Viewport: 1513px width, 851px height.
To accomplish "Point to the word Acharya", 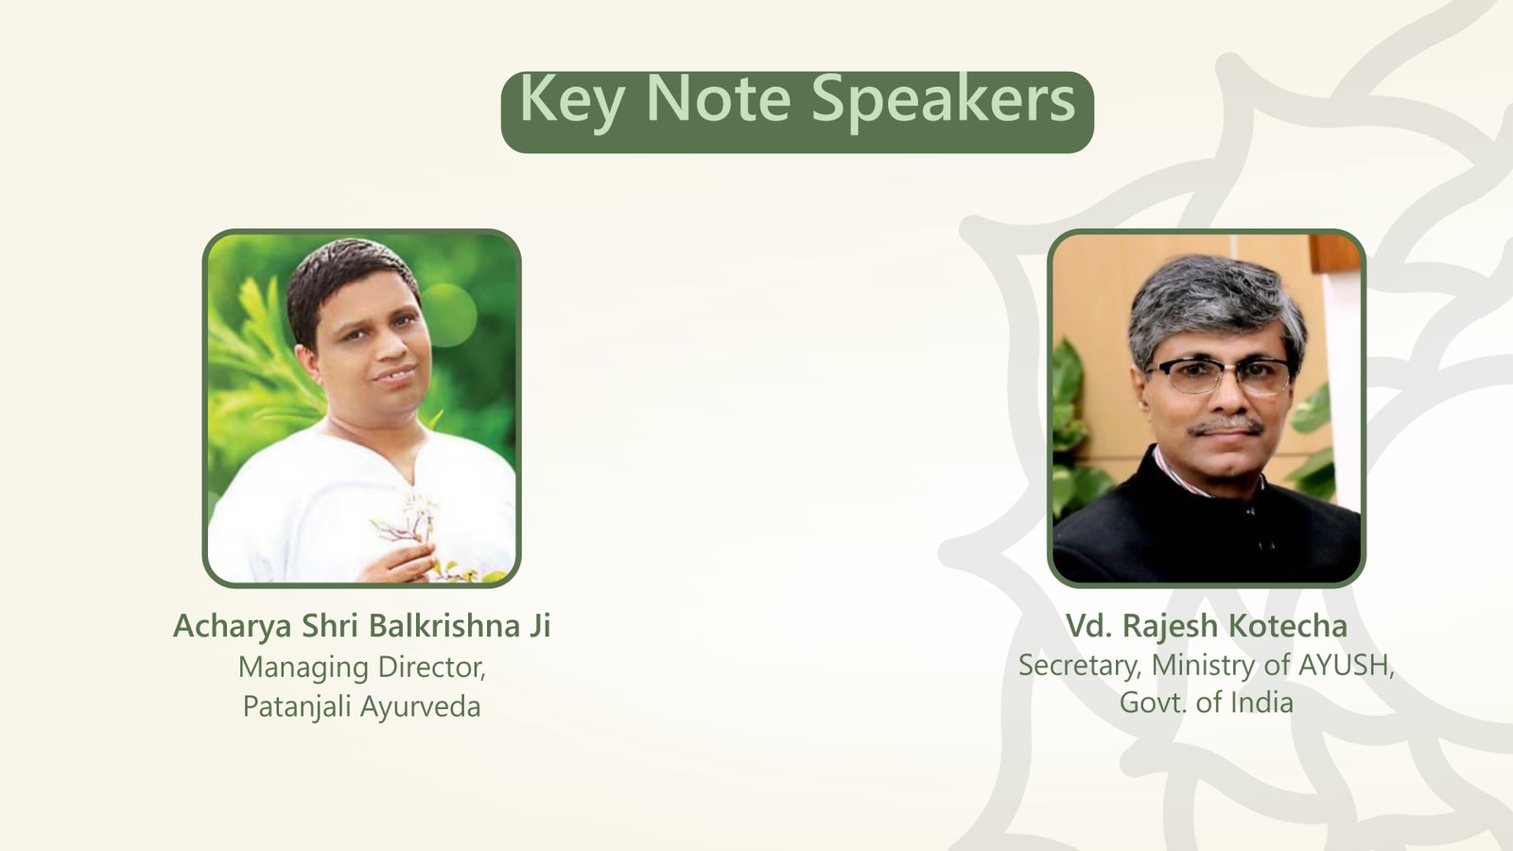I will click(x=233, y=626).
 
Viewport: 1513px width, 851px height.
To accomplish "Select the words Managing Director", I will click(x=361, y=668).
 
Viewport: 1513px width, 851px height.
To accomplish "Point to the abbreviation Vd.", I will click(x=1087, y=626).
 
